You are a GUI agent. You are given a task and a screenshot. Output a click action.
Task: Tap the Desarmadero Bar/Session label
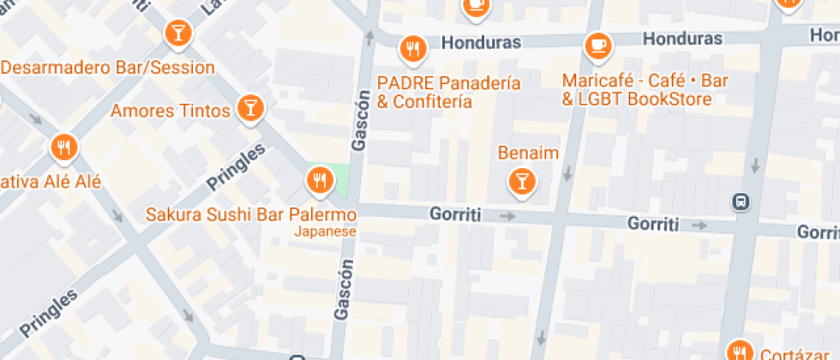(x=107, y=67)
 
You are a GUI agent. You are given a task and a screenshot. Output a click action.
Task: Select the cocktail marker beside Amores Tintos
(x=250, y=108)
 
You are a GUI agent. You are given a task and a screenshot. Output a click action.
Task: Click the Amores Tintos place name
(x=171, y=111)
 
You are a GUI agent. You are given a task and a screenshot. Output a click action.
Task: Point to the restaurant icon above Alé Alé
(x=63, y=147)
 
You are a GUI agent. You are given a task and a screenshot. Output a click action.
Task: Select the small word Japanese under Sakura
(x=325, y=231)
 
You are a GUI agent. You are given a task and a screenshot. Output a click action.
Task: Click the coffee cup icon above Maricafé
(x=597, y=45)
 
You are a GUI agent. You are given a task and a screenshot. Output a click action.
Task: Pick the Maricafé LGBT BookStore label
(x=645, y=90)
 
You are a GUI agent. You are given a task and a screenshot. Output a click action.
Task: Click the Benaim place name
(x=528, y=153)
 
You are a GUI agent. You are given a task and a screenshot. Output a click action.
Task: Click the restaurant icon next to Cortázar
(x=739, y=351)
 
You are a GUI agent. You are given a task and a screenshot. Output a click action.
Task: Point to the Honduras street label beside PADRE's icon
(x=481, y=42)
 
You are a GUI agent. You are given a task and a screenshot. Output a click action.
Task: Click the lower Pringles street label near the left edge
(x=49, y=313)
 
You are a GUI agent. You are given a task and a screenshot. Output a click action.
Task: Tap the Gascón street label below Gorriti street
(x=344, y=290)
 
